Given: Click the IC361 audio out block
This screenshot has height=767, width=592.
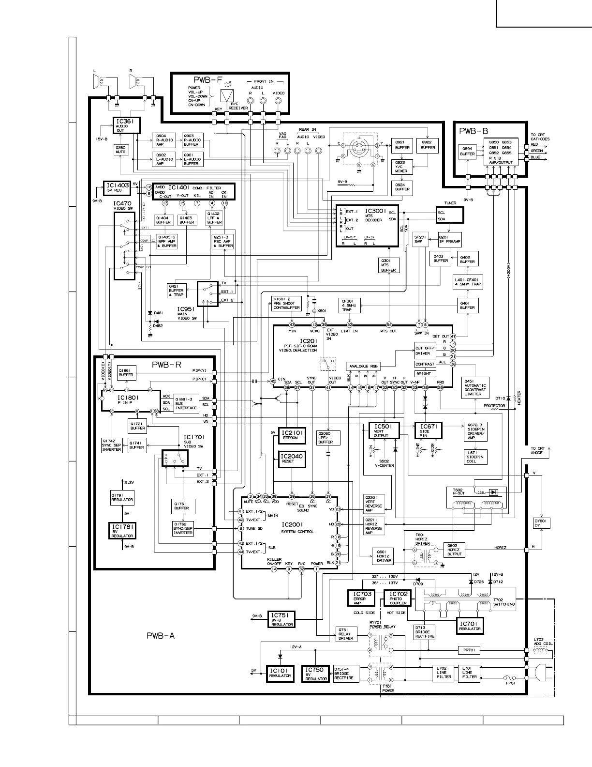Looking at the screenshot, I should click(127, 125).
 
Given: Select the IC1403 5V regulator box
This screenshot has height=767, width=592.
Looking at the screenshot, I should click(117, 188).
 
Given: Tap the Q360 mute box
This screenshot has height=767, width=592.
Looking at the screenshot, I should click(120, 150).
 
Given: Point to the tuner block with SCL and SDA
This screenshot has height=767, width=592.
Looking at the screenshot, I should click(449, 216).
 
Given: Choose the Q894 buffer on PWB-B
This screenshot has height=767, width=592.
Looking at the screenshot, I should click(467, 152).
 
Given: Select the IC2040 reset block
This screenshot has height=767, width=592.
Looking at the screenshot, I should click(292, 458).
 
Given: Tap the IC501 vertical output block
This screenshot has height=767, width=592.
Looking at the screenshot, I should click(384, 430).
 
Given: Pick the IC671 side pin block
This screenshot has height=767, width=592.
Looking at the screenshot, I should click(428, 430).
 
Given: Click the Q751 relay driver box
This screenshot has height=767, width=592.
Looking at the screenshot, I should click(346, 634).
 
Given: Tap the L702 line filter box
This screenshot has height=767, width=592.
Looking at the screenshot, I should click(444, 673).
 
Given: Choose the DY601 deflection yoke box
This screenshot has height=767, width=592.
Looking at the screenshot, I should click(542, 523).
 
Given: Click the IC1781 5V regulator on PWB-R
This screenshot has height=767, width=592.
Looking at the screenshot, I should click(122, 531).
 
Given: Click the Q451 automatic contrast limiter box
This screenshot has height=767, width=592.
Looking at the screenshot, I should click(475, 388).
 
